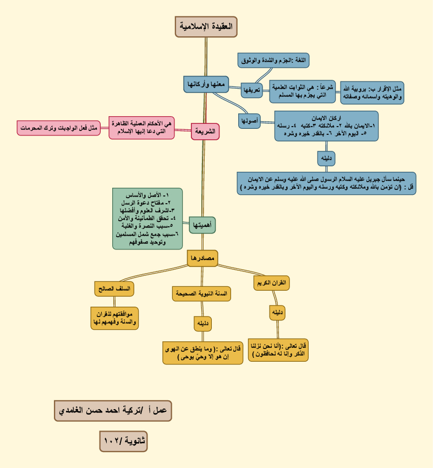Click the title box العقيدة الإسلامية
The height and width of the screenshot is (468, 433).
[x=206, y=26]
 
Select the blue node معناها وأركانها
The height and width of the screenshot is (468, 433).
[x=206, y=85]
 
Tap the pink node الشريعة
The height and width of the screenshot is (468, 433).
[x=205, y=132]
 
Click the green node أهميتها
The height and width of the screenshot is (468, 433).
[x=202, y=225]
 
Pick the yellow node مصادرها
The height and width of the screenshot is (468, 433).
[x=202, y=258]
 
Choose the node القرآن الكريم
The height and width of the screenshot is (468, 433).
[x=271, y=283]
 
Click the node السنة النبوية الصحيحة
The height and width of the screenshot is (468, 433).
[x=201, y=294]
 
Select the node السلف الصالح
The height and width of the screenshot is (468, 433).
[x=114, y=289]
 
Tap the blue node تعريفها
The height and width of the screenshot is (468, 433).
[x=251, y=90]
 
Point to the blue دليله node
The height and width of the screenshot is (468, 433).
[x=326, y=158]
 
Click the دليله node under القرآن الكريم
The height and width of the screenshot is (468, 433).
[x=277, y=313]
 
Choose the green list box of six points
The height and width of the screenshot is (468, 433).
[x=147, y=219]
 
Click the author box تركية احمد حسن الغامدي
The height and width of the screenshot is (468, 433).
[x=113, y=410]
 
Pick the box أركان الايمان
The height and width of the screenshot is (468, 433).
[x=327, y=126]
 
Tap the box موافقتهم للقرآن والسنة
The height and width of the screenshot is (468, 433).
[x=114, y=318]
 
